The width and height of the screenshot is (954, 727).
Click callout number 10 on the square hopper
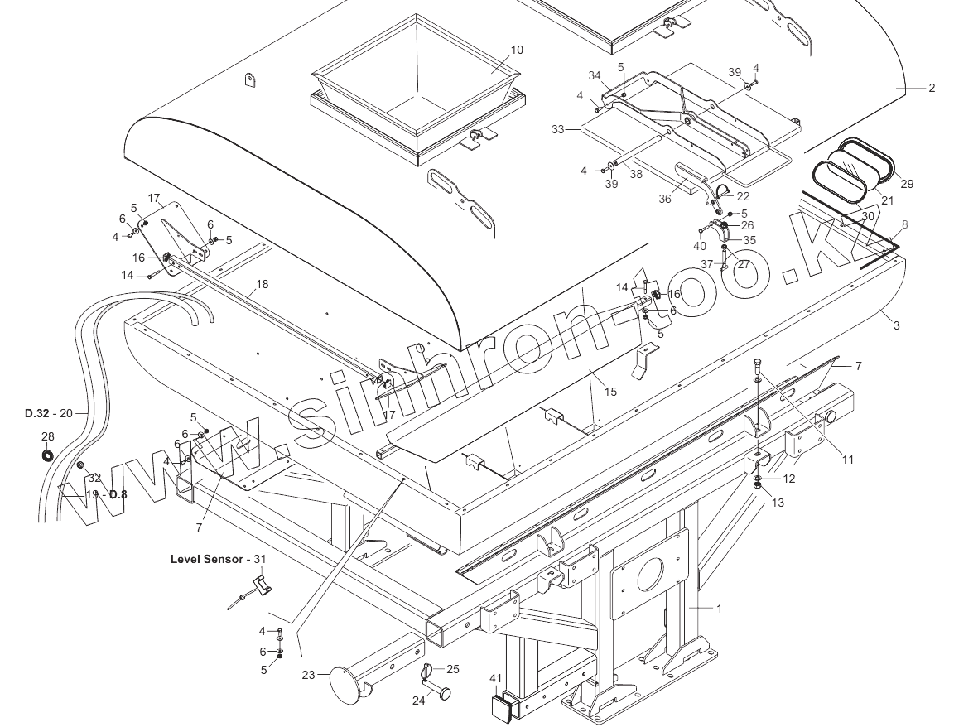517,50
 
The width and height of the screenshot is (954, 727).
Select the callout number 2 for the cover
932,88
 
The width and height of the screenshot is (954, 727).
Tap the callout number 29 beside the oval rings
907,184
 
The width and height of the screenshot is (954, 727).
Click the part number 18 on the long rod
262,284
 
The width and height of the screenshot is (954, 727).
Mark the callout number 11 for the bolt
847,460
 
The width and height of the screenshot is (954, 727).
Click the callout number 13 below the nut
777,503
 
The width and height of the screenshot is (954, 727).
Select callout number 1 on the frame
719,609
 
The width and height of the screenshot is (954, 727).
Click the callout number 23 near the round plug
308,675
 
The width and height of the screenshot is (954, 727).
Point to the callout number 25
452,669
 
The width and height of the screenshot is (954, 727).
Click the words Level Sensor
206,559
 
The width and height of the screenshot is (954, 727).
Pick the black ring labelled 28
47,455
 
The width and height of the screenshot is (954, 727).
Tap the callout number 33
557,129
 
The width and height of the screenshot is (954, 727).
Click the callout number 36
665,199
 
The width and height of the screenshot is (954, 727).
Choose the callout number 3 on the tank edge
896,325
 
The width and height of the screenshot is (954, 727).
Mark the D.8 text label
118,494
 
